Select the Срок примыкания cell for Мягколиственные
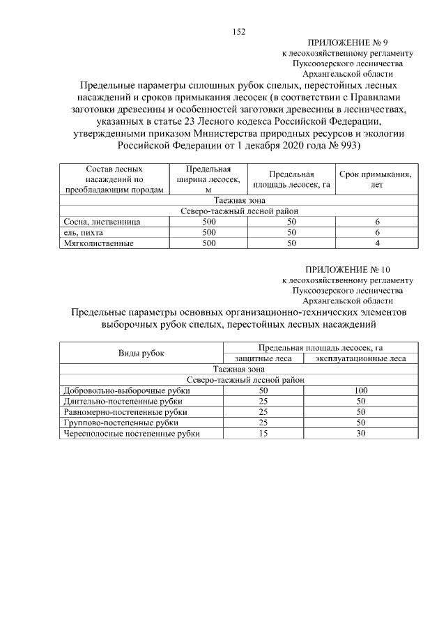376,243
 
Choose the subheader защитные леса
263,359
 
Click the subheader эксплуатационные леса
360,359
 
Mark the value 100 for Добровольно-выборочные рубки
360,391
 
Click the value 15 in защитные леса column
263,433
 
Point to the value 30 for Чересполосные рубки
360,433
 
